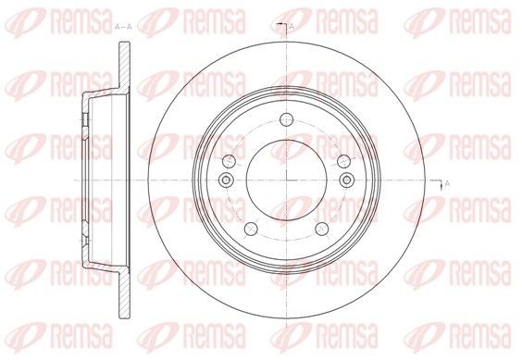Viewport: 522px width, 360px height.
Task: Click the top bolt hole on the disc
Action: (x=286, y=118)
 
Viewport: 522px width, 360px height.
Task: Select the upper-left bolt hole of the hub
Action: (x=229, y=161)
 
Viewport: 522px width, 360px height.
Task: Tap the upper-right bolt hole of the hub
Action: (x=343, y=161)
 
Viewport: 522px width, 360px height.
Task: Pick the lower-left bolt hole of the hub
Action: (x=251, y=229)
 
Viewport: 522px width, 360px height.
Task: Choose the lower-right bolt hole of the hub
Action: (x=321, y=229)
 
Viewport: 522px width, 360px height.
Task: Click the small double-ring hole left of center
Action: (x=226, y=180)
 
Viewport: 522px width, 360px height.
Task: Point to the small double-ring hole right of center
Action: (x=346, y=180)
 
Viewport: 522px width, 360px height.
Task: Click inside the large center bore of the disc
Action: (x=286, y=180)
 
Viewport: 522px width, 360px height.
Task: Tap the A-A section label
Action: (x=123, y=27)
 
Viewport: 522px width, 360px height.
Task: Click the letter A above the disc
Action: (x=292, y=26)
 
